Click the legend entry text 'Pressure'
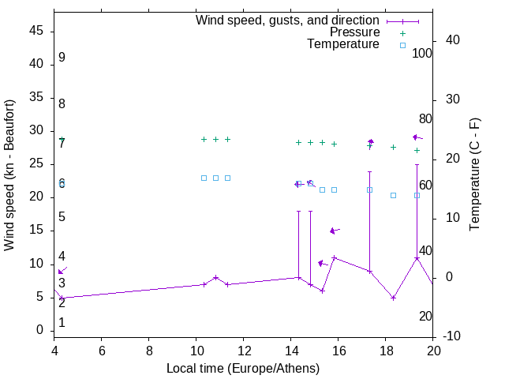pyautogui.click(x=354, y=32)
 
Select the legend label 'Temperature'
pyautogui.click(x=343, y=44)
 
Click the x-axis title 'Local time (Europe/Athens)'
pyautogui.click(x=243, y=369)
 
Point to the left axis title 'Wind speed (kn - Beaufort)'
pyautogui.click(x=9, y=175)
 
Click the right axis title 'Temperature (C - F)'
pyautogui.click(x=474, y=174)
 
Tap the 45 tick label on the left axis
pyautogui.click(x=36, y=31)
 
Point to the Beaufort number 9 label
pyautogui.click(x=62, y=58)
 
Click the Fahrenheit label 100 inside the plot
pyautogui.click(x=422, y=53)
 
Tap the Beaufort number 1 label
pyautogui.click(x=62, y=323)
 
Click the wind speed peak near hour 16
pyautogui.click(x=335, y=257)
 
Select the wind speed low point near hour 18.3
pyautogui.click(x=393, y=298)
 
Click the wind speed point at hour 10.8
pyautogui.click(x=215, y=277)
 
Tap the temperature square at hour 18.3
pyautogui.click(x=393, y=195)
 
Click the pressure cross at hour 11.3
pyautogui.click(x=227, y=139)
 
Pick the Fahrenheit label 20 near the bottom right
pyautogui.click(x=425, y=316)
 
